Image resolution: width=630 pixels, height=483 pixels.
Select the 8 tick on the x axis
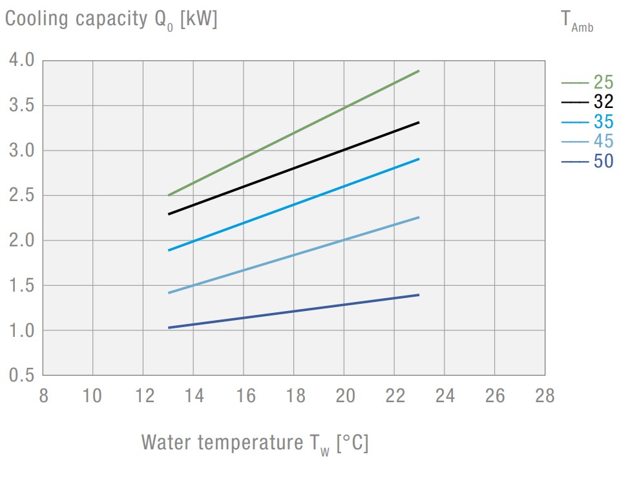click(x=43, y=396)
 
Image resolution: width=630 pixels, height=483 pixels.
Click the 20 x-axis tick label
click(x=344, y=396)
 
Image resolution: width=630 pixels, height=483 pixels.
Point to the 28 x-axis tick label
click(x=545, y=396)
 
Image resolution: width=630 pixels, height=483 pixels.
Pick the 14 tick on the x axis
click(x=194, y=396)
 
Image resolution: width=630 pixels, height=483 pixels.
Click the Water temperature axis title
click(x=255, y=444)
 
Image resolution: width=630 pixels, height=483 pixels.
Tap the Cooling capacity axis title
click(x=111, y=19)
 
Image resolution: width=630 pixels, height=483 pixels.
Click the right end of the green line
click(x=419, y=70)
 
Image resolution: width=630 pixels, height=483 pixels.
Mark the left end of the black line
click(x=169, y=213)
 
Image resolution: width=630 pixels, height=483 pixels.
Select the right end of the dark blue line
click(x=419, y=295)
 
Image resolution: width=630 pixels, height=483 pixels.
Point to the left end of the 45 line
click(x=169, y=293)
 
